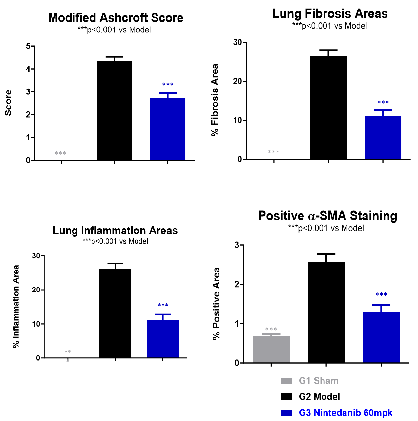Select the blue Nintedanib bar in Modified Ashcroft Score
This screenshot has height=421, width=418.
pos(168,129)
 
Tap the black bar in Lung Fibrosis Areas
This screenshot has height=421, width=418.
pos(328,108)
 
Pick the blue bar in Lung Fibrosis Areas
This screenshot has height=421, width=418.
pos(383,138)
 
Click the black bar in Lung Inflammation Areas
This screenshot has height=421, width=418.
pos(115,313)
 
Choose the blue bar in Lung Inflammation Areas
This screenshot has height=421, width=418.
pos(163,339)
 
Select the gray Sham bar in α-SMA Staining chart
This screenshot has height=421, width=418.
pos(271,349)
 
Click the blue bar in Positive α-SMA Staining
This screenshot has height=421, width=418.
pos(381,338)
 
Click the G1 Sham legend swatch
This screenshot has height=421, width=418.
pos(286,381)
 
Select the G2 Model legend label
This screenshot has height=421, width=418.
pos(319,397)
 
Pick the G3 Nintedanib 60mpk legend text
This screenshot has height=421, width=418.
pos(345,413)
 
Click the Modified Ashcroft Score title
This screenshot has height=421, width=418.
pos(115,18)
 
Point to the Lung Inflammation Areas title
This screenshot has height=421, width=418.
pos(115,231)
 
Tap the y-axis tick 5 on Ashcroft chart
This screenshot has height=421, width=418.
pos(28,46)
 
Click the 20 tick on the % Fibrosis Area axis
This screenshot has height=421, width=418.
pos(238,81)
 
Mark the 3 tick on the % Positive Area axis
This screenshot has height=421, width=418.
pos(237,245)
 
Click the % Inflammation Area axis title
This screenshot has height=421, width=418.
pos(16,307)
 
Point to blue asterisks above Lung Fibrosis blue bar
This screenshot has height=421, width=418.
pos(383,103)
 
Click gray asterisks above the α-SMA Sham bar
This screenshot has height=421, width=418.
pos(271,329)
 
